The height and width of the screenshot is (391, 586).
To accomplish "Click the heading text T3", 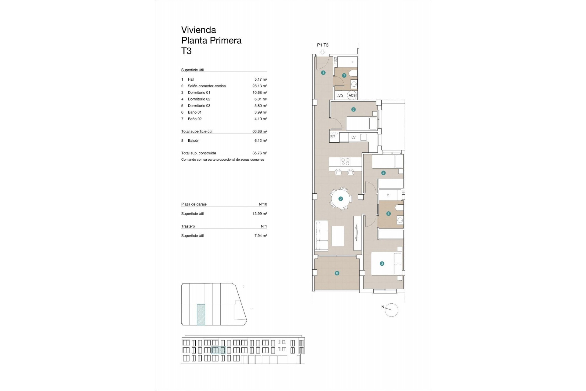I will tap(186, 51).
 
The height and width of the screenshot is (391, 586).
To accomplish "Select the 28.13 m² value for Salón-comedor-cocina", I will tap(258, 86).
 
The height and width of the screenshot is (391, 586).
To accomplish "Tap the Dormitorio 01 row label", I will tap(199, 93).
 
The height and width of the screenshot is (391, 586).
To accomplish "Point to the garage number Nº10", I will tap(263, 204).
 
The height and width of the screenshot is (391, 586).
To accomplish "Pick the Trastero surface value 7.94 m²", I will tap(260, 236).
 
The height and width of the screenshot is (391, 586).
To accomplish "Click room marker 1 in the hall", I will tap(323, 73).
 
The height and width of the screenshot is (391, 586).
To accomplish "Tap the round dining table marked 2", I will tap(341, 199).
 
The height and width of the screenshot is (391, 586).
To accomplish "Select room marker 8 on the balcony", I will tap(337, 273).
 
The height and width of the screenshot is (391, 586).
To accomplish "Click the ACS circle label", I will tap(352, 95).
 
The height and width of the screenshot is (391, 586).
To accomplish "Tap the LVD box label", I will tap(340, 96).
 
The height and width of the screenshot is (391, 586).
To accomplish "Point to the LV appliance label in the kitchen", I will tap(353, 137).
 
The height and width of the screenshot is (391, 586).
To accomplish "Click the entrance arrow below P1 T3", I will tap(323, 52).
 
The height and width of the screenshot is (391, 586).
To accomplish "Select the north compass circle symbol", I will tap(392, 310).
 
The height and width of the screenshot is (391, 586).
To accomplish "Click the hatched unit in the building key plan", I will tap(201, 314).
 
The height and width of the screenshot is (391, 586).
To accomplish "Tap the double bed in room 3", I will tap(386, 264).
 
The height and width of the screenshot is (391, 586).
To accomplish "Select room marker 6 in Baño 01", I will tap(389, 214).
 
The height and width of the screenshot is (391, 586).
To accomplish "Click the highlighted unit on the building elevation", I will tap(218, 350).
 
